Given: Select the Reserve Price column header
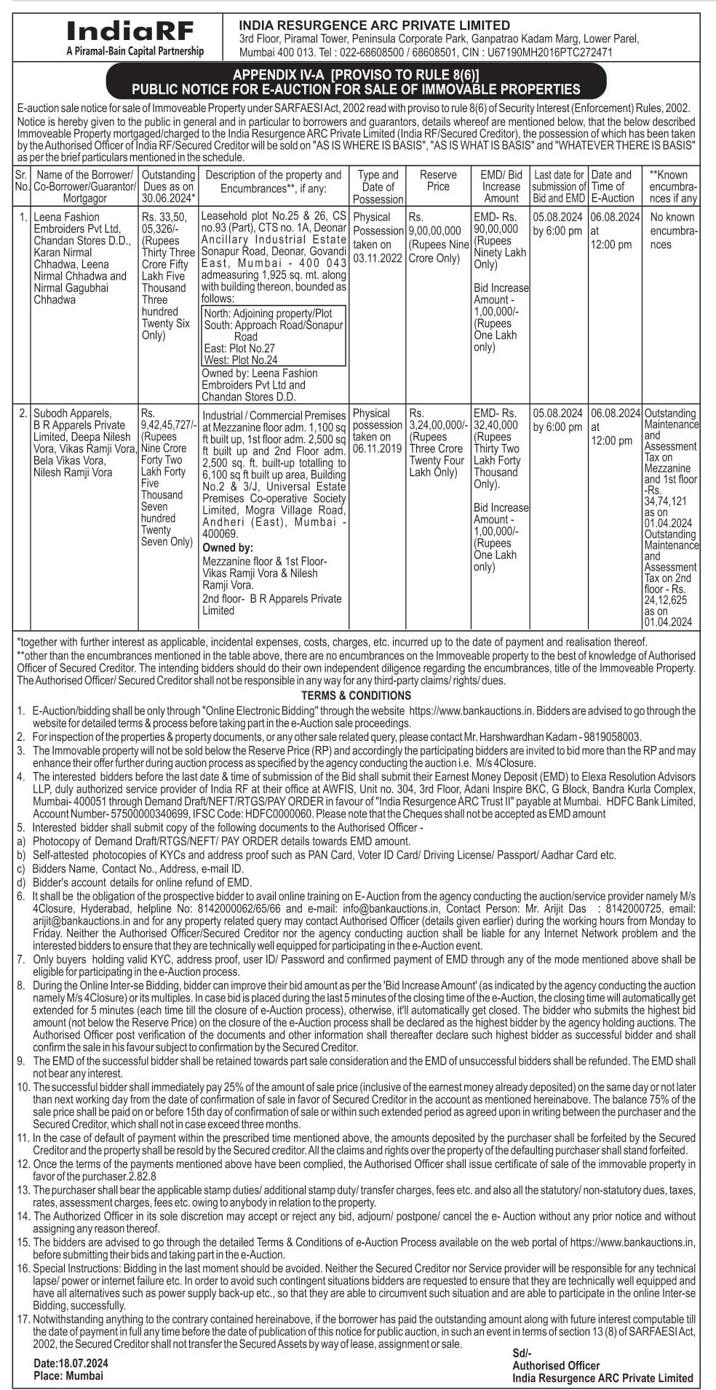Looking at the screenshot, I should coord(438,180).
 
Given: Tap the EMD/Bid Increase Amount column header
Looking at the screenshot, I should coord(501,186).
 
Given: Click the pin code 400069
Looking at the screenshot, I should coord(220,533).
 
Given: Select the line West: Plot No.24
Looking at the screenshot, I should coord(241,360).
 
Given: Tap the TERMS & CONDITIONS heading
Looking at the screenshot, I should coord(357,695).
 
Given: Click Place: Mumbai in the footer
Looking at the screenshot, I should coord(68,1375).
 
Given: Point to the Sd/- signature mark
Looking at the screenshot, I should coord(522,1352).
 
